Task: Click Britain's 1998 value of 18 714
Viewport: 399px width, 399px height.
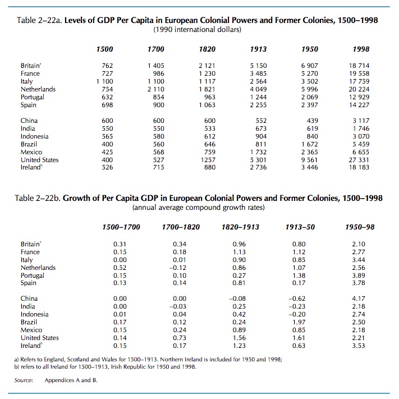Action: click(x=360, y=66)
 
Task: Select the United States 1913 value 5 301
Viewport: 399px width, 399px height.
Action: click(x=258, y=159)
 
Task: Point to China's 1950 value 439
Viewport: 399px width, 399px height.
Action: click(x=313, y=120)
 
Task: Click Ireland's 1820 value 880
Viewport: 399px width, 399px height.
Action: click(x=209, y=167)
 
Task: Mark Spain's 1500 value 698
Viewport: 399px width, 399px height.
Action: click(x=107, y=105)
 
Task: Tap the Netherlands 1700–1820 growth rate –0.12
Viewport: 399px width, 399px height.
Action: click(x=179, y=268)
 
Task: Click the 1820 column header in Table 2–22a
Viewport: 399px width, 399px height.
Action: click(x=208, y=49)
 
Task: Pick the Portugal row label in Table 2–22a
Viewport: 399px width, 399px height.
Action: click(x=34, y=97)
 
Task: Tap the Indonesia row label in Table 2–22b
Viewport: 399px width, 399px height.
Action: click(x=34, y=314)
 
